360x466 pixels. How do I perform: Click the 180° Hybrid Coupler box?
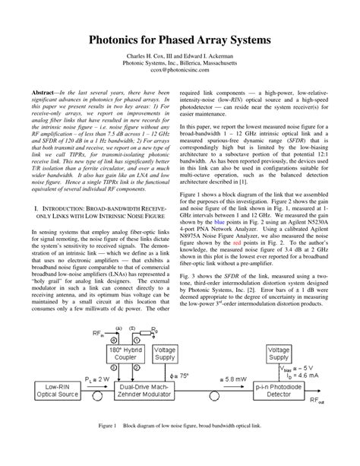(x=127, y=355)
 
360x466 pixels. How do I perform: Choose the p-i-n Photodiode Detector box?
(x=288, y=391)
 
